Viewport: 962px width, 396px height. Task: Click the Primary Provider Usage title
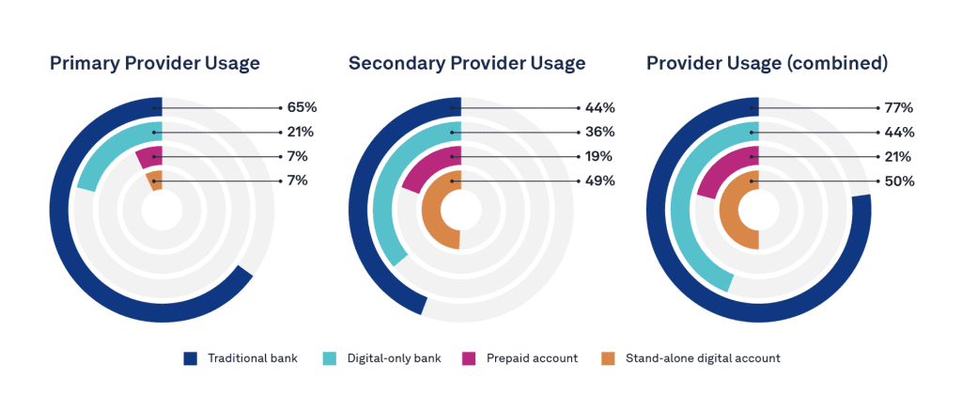click(154, 63)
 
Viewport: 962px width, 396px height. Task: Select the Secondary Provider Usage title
click(466, 63)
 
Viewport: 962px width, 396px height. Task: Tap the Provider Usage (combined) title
click(767, 63)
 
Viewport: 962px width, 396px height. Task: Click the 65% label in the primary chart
click(302, 108)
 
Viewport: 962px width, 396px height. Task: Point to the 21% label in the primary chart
click(302, 133)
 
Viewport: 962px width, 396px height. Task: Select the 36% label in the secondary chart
click(599, 133)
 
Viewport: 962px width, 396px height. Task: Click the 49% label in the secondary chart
click(599, 182)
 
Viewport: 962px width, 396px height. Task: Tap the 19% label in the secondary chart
click(599, 157)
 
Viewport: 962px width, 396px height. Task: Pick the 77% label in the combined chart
click(898, 108)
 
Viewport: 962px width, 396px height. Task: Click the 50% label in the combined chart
click(898, 182)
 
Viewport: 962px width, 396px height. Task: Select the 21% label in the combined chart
click(898, 157)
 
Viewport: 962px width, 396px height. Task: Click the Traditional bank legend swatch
click(191, 358)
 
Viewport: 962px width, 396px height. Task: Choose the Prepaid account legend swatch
click(469, 358)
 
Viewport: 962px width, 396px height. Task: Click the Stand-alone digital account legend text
click(703, 358)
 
